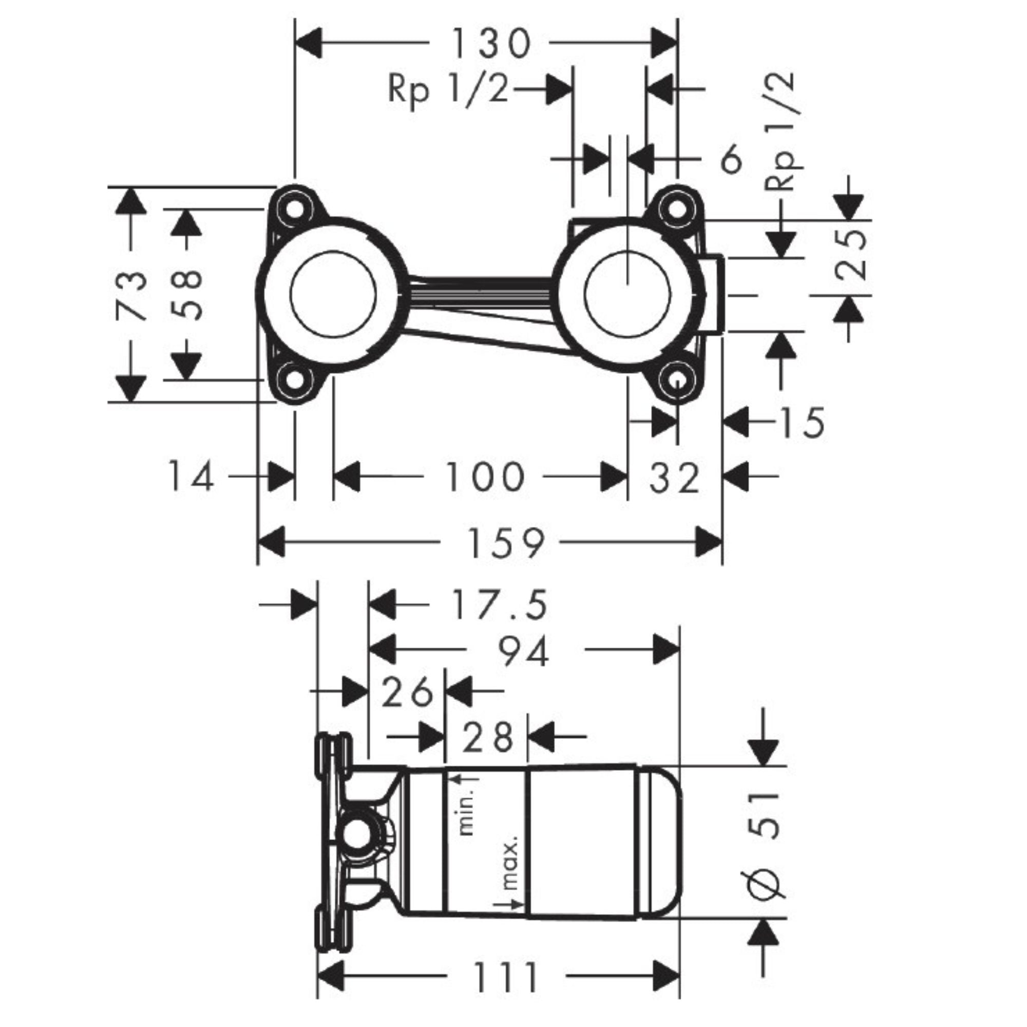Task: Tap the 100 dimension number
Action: (484, 477)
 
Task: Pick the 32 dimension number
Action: (674, 478)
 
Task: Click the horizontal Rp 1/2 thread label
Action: (448, 89)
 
